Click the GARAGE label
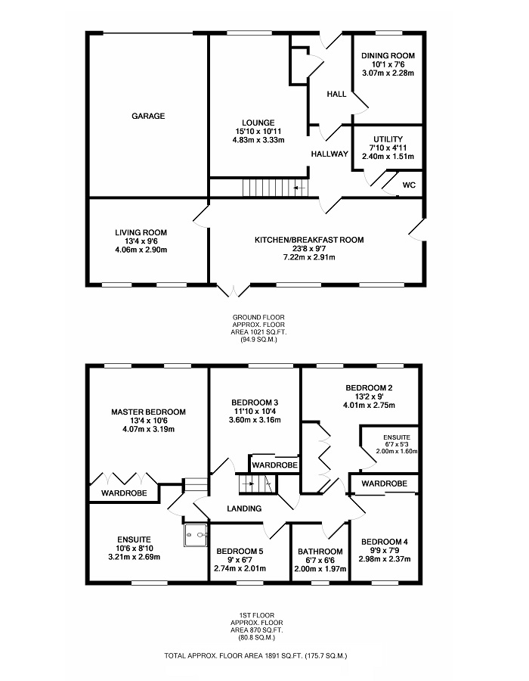pos(148,116)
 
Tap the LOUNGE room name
pos(258,123)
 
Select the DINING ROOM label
pos(388,55)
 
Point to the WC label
pos(409,185)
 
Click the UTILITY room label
pos(388,138)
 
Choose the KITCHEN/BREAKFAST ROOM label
pos(309,240)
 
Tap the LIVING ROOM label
pos(141,232)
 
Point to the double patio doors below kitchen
pos(233,291)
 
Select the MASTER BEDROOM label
pos(148,412)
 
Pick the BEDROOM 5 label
pos(240,552)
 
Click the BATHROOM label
pos(320,552)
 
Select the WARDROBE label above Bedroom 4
pos(384,483)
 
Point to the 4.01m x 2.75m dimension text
pos(369,406)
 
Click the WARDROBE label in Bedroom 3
pos(274,464)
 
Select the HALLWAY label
pos(329,154)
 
